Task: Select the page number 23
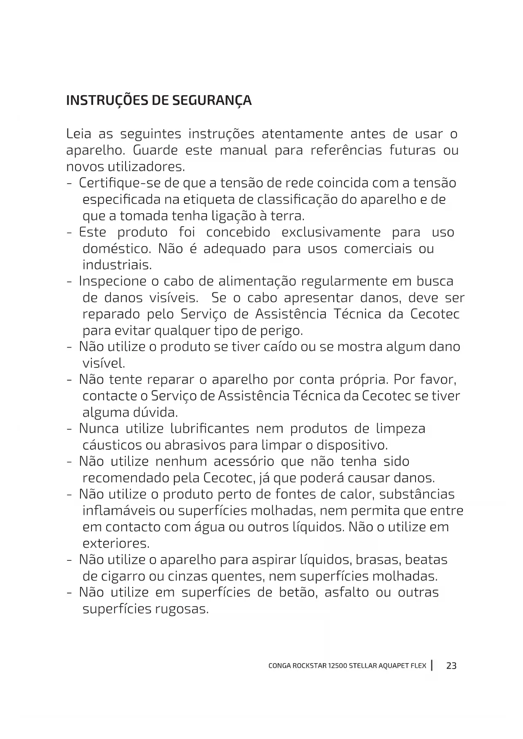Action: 451,666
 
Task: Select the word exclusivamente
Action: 331,233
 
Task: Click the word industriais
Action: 117,265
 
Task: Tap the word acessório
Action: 244,462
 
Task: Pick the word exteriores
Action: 116,544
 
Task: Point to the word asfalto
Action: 346,593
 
